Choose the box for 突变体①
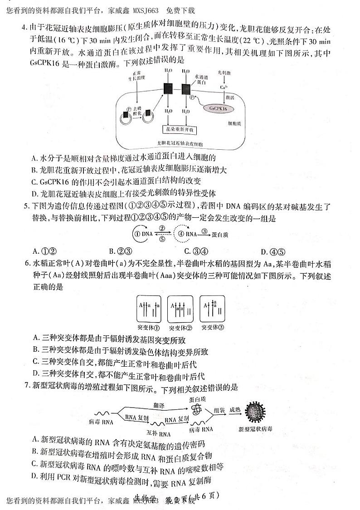[x=149, y=310]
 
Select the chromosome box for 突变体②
[x=180, y=310]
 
